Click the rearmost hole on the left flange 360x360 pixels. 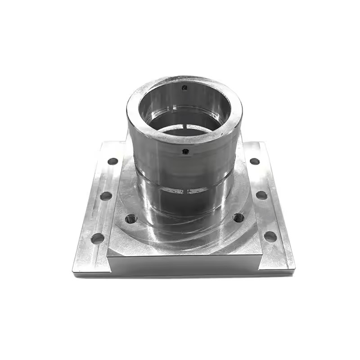point(112,161)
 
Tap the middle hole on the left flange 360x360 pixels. point(106,196)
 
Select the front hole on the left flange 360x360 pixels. point(98,238)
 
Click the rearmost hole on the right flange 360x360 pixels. point(255,161)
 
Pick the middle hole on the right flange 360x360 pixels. point(261,195)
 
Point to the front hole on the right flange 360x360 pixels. point(270,236)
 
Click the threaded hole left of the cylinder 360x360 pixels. point(131,219)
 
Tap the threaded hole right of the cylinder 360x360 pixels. point(238,218)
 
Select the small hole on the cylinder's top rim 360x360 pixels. point(184,88)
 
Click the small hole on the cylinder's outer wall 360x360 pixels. point(185,152)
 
